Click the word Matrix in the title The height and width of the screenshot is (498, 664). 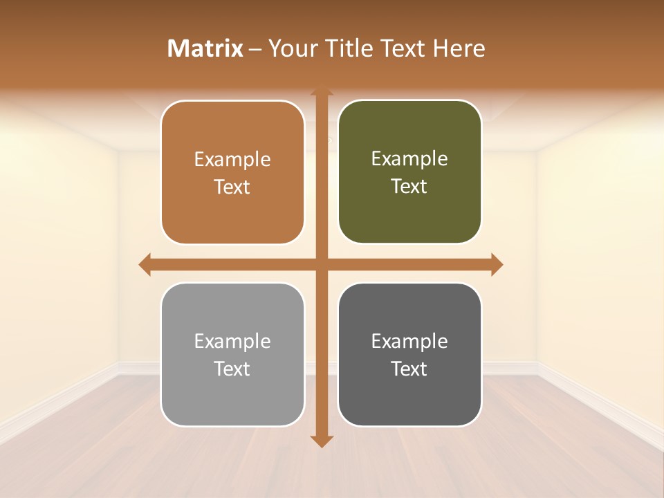(x=205, y=48)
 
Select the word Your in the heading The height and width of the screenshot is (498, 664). (x=290, y=48)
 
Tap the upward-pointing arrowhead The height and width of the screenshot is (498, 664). (x=321, y=92)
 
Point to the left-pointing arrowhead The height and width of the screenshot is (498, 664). (x=145, y=264)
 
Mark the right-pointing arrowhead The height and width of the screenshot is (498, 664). (x=497, y=264)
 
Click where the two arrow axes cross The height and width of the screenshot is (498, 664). (x=321, y=264)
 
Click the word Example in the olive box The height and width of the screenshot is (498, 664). (x=409, y=158)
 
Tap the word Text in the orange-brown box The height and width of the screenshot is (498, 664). (x=232, y=187)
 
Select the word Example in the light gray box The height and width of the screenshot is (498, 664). (x=232, y=341)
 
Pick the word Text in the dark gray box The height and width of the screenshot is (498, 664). (x=409, y=369)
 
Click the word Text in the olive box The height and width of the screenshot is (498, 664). (x=409, y=186)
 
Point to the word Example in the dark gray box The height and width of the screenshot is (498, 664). (x=409, y=341)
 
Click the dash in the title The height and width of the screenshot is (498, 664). (x=256, y=48)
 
